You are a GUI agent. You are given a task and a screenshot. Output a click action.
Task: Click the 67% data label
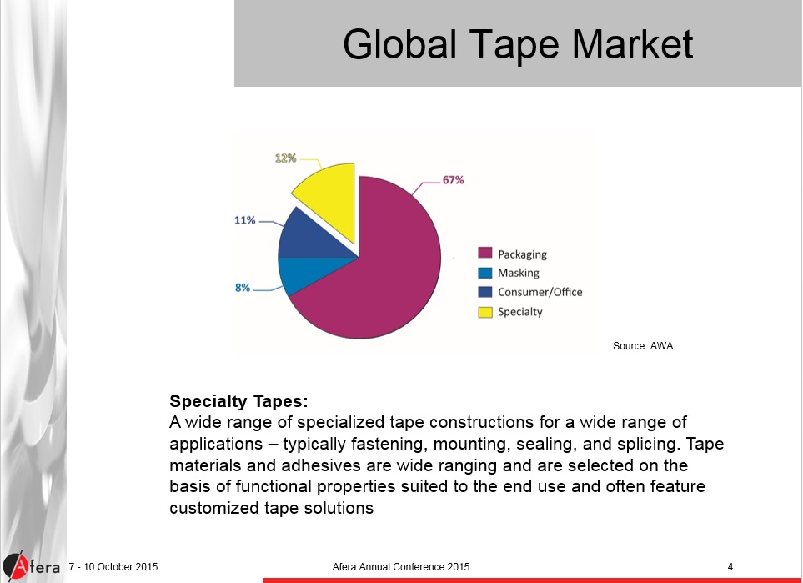pyautogui.click(x=453, y=179)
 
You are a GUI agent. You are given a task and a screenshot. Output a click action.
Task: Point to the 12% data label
pyautogui.click(x=286, y=158)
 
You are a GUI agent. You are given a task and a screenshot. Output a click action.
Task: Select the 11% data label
pyautogui.click(x=244, y=221)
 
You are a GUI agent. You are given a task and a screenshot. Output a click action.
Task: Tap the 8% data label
pyautogui.click(x=243, y=288)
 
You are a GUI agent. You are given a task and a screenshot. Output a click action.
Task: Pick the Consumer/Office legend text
pyautogui.click(x=540, y=292)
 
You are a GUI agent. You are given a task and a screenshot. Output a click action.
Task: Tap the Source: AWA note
pyautogui.click(x=642, y=345)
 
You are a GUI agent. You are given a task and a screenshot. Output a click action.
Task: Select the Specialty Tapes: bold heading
pyautogui.click(x=233, y=400)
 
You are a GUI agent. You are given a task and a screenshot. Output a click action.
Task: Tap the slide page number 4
pyautogui.click(x=730, y=568)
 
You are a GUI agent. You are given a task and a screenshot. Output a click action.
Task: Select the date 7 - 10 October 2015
pyautogui.click(x=113, y=568)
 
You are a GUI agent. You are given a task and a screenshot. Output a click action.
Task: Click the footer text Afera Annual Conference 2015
pyautogui.click(x=400, y=568)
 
